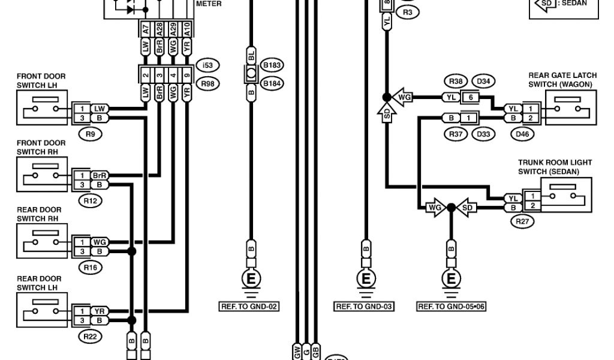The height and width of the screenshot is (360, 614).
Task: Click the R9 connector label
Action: [90, 134]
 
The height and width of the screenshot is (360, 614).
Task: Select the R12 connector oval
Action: [90, 200]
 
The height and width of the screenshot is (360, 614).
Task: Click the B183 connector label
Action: [272, 65]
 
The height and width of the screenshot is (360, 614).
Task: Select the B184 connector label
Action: [272, 83]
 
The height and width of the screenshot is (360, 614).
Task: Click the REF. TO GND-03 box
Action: [364, 307]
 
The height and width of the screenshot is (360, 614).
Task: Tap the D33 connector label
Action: [483, 134]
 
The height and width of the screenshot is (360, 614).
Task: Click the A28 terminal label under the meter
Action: [159, 28]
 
